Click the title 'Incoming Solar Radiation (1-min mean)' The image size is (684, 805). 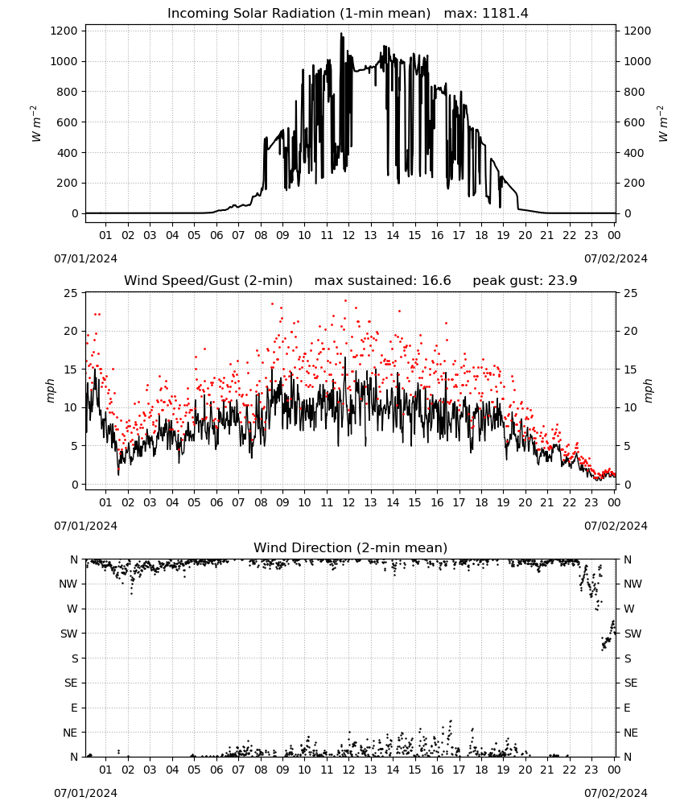pos(299,14)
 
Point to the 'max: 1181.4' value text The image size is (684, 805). pos(486,14)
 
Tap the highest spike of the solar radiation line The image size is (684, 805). pos(341,34)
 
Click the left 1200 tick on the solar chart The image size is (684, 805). pos(64,31)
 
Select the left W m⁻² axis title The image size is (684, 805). pos(36,123)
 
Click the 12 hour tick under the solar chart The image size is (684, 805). pos(348,235)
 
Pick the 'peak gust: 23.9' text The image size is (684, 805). pos(525,281)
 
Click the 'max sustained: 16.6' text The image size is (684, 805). pos(382,281)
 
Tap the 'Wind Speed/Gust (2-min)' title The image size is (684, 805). pos(208,281)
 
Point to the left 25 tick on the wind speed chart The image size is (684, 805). pos(71,293)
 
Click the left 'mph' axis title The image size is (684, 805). pos(50,390)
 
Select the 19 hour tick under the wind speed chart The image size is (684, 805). pos(504,502)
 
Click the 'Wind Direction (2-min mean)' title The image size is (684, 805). pos(351,547)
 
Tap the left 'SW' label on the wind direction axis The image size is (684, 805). pos(69,634)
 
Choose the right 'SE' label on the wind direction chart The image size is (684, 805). pos(631,683)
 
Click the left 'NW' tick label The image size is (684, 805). pos(68,584)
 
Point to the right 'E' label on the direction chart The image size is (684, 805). pos(627,708)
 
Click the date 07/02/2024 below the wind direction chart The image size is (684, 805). pos(616,793)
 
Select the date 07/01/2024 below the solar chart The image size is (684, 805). pos(85,258)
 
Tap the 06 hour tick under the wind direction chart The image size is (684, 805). pos(216,770)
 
